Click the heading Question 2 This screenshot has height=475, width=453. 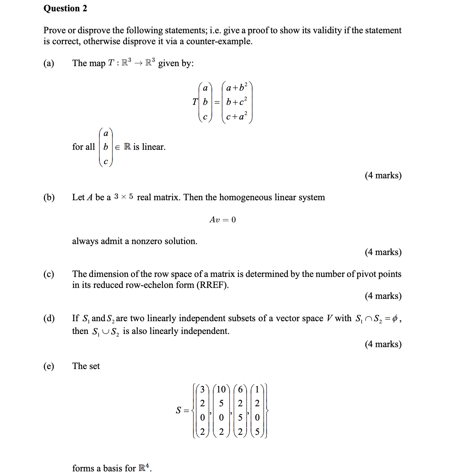[x=65, y=8]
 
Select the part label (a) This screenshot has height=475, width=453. [x=49, y=63]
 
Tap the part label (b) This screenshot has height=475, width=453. [x=49, y=197]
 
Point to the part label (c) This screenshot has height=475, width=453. [x=49, y=274]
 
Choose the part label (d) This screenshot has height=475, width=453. [x=49, y=318]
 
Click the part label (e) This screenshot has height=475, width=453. [x=49, y=366]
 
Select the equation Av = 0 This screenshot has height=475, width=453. [x=222, y=220]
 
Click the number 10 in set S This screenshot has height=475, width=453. [x=221, y=389]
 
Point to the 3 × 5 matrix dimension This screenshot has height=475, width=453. [x=123, y=197]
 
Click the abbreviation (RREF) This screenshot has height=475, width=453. [x=212, y=285]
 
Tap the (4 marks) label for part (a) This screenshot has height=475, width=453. [x=383, y=175]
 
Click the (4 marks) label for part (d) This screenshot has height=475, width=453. [x=383, y=344]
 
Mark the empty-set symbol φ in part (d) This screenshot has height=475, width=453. [x=394, y=319]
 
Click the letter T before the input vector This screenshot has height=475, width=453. [x=195, y=102]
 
